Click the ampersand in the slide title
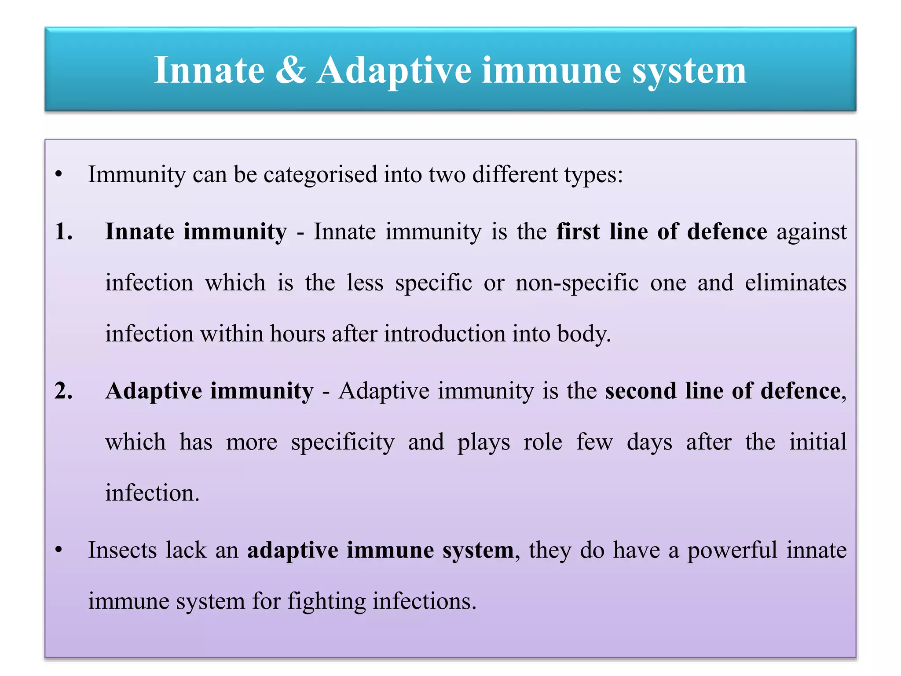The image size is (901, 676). point(290,70)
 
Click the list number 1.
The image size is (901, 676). point(63,231)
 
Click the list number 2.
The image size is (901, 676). point(63,391)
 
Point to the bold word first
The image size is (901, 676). point(578,231)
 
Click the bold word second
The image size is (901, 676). point(640,391)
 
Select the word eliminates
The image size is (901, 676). point(795,283)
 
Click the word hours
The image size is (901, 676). point(297,334)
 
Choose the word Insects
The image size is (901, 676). point(122,550)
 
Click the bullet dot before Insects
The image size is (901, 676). point(59,550)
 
